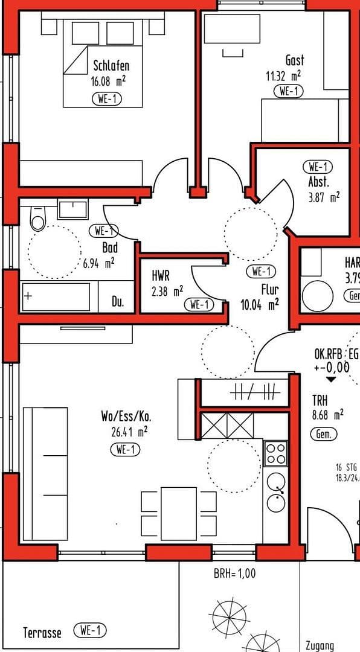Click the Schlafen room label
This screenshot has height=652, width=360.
pyautogui.click(x=111, y=66)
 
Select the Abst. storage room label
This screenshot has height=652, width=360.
pyautogui.click(x=318, y=181)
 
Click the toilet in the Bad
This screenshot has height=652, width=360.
pyautogui.click(x=37, y=220)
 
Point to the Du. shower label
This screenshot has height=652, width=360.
pyautogui.click(x=118, y=302)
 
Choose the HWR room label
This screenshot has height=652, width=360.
pyautogui.click(x=161, y=276)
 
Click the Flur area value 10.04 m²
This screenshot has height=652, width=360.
pyautogui.click(x=260, y=304)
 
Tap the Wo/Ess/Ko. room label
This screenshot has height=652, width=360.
pyautogui.click(x=125, y=417)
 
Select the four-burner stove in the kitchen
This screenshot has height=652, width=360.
pyautogui.click(x=276, y=453)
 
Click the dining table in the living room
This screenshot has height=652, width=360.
pyautogui.click(x=179, y=513)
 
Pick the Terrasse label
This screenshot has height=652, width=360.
pyautogui.click(x=42, y=633)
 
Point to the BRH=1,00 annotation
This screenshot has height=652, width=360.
pyautogui.click(x=234, y=573)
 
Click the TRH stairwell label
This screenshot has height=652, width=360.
pyautogui.click(x=320, y=400)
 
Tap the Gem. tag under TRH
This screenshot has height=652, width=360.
pyautogui.click(x=323, y=433)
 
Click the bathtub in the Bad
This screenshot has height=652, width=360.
pyautogui.click(x=56, y=297)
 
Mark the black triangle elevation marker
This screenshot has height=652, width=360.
pyautogui.click(x=331, y=380)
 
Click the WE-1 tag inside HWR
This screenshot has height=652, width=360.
pyautogui.click(x=199, y=305)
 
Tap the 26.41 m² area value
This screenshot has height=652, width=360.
pyautogui.click(x=125, y=432)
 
